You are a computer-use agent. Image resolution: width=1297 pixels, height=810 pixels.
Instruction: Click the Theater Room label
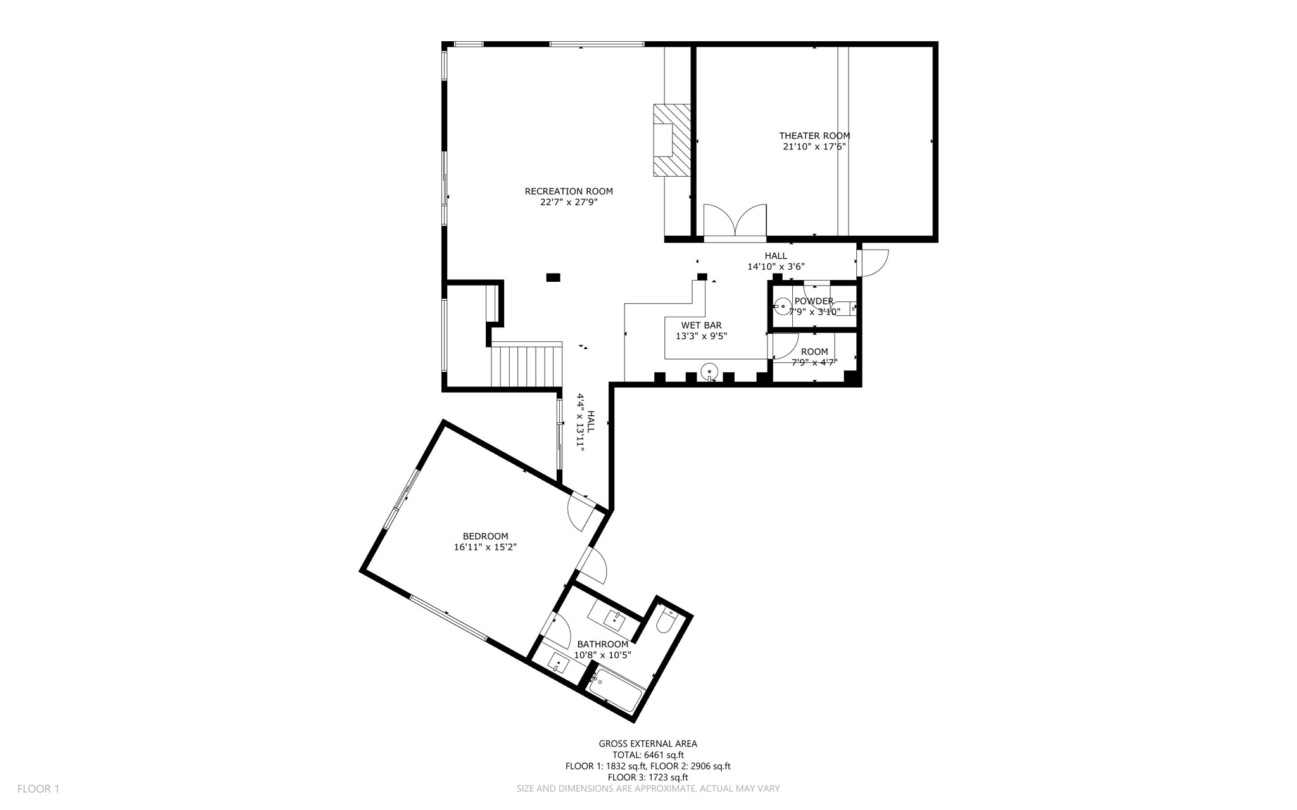click(814, 136)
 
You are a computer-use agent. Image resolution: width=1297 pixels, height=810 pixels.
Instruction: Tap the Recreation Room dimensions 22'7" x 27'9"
click(568, 203)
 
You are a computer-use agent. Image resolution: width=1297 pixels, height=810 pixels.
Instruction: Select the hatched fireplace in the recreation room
click(672, 140)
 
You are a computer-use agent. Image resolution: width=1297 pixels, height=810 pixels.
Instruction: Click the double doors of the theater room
click(735, 223)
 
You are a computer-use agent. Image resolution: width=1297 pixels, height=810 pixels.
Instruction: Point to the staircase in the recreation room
click(527, 365)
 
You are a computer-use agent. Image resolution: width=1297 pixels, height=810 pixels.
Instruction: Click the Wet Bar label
click(701, 326)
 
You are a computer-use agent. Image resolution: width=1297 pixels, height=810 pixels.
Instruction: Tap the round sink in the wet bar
click(709, 371)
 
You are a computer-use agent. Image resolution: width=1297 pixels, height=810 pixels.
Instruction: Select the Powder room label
click(814, 301)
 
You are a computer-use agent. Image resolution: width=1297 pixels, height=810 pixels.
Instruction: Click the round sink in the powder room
click(783, 307)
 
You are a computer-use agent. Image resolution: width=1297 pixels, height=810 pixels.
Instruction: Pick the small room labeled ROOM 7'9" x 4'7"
click(814, 357)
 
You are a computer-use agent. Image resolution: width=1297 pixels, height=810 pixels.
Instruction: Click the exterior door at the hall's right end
click(873, 262)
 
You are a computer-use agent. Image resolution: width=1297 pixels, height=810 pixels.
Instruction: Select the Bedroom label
click(485, 536)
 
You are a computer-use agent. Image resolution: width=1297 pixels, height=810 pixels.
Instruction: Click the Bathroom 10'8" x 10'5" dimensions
click(602, 655)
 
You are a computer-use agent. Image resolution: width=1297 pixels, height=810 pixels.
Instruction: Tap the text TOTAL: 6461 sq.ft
click(648, 755)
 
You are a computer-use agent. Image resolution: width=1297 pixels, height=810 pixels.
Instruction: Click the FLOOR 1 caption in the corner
click(38, 789)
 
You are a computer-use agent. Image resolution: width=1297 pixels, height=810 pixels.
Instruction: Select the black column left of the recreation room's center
click(553, 277)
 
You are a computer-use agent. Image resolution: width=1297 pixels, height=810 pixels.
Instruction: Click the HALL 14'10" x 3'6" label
click(776, 262)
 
